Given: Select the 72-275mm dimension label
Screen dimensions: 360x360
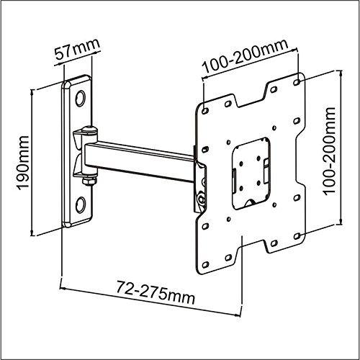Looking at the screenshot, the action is (156, 292).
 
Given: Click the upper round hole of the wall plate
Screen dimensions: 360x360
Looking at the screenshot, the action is (80, 99).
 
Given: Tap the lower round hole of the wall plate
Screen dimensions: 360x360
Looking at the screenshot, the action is (80, 204).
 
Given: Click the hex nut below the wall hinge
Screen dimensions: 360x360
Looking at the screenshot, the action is (89, 181).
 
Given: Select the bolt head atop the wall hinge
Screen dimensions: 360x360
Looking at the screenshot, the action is (89, 129).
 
